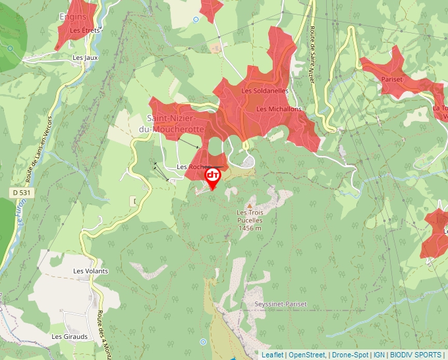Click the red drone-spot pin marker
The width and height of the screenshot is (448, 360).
pos(213,177)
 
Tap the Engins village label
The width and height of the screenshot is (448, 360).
pos(72,16)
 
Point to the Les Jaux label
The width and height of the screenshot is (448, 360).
pos(86,58)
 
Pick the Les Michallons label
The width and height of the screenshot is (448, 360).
pos(279,109)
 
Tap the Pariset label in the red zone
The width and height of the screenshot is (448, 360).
pos(392,80)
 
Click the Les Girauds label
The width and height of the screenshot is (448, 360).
pos(70,336)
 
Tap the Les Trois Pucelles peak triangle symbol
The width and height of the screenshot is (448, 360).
pos(249,205)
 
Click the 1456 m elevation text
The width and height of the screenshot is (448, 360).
pos(250,228)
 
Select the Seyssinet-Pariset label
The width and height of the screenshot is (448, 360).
pos(281,304)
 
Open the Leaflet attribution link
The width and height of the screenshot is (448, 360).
pos(272,355)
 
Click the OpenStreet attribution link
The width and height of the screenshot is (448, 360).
pos(307,355)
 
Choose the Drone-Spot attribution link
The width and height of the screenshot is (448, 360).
pos(350,355)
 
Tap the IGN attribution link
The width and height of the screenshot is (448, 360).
pos(379,355)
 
